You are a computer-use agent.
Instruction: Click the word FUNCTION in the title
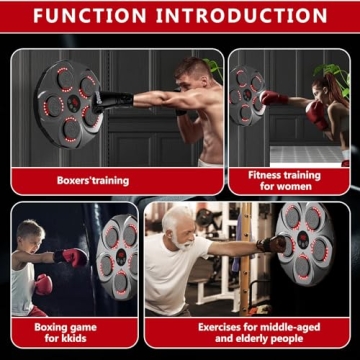pos(95,17)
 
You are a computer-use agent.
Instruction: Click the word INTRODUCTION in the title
pos(245,17)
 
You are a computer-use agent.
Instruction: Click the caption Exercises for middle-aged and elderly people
pos(246,332)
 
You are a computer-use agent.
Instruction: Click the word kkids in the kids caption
pos(72,339)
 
